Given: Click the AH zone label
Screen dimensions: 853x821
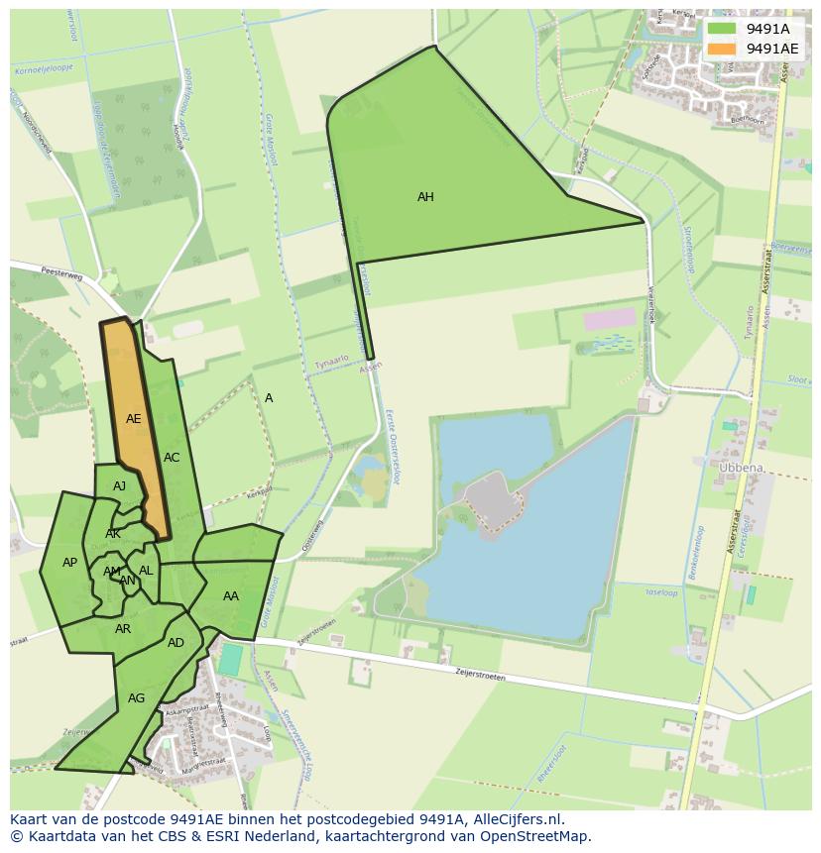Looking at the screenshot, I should click(x=425, y=197).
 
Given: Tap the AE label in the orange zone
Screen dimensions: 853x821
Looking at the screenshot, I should click(x=134, y=419).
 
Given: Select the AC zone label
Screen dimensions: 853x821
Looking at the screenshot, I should click(x=172, y=458).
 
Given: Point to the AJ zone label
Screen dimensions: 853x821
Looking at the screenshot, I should click(x=120, y=486).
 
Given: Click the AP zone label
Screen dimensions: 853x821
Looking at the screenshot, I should click(x=69, y=563).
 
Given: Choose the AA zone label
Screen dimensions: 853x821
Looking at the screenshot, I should click(x=231, y=596).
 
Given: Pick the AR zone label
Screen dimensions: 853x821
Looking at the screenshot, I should click(x=123, y=629).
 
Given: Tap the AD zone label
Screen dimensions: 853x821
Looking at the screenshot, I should click(x=176, y=643).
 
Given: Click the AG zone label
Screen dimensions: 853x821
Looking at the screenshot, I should click(x=137, y=698).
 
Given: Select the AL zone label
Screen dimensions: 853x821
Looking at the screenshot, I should click(x=146, y=571).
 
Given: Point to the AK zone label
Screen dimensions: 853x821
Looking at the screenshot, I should click(x=113, y=534).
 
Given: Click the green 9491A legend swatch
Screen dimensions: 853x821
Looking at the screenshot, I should click(x=722, y=29).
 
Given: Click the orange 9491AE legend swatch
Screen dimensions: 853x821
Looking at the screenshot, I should click(x=722, y=49).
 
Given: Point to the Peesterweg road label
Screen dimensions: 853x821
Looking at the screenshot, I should click(x=59, y=270).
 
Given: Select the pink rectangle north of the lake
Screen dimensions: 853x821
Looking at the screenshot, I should click(x=609, y=319).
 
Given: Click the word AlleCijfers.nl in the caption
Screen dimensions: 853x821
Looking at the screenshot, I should click(x=516, y=819).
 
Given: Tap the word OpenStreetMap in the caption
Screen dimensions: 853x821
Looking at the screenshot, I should click(x=537, y=836).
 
